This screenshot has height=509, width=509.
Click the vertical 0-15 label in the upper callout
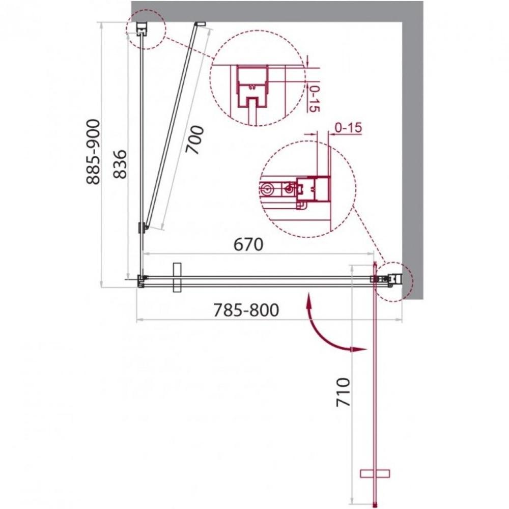click(314, 99)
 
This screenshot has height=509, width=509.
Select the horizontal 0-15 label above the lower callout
click(348, 128)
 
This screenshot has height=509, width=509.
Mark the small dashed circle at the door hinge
click(393, 281)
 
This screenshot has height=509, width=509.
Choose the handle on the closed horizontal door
click(177, 278)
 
